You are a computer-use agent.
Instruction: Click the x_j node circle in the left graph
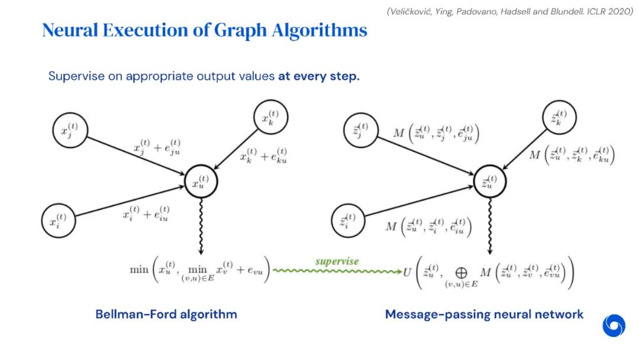coord(70,130)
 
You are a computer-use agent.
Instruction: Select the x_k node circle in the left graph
coord(270,119)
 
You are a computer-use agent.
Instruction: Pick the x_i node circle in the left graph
coord(59,221)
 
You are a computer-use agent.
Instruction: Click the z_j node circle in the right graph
coord(360,130)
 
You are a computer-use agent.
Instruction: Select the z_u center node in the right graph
coord(491,183)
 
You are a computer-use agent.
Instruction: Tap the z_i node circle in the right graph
coord(349,221)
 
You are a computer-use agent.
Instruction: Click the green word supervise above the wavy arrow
coord(337,261)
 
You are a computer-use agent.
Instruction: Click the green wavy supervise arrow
coord(337,270)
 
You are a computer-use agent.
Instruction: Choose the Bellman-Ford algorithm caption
coord(166,314)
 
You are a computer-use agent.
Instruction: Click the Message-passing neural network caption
coord(484,314)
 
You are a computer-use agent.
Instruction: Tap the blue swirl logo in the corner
coord(614,326)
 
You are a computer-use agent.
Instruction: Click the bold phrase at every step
coord(319,77)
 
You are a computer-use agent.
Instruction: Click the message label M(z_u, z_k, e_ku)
coord(572,156)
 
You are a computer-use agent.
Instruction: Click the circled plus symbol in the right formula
coord(461,273)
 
